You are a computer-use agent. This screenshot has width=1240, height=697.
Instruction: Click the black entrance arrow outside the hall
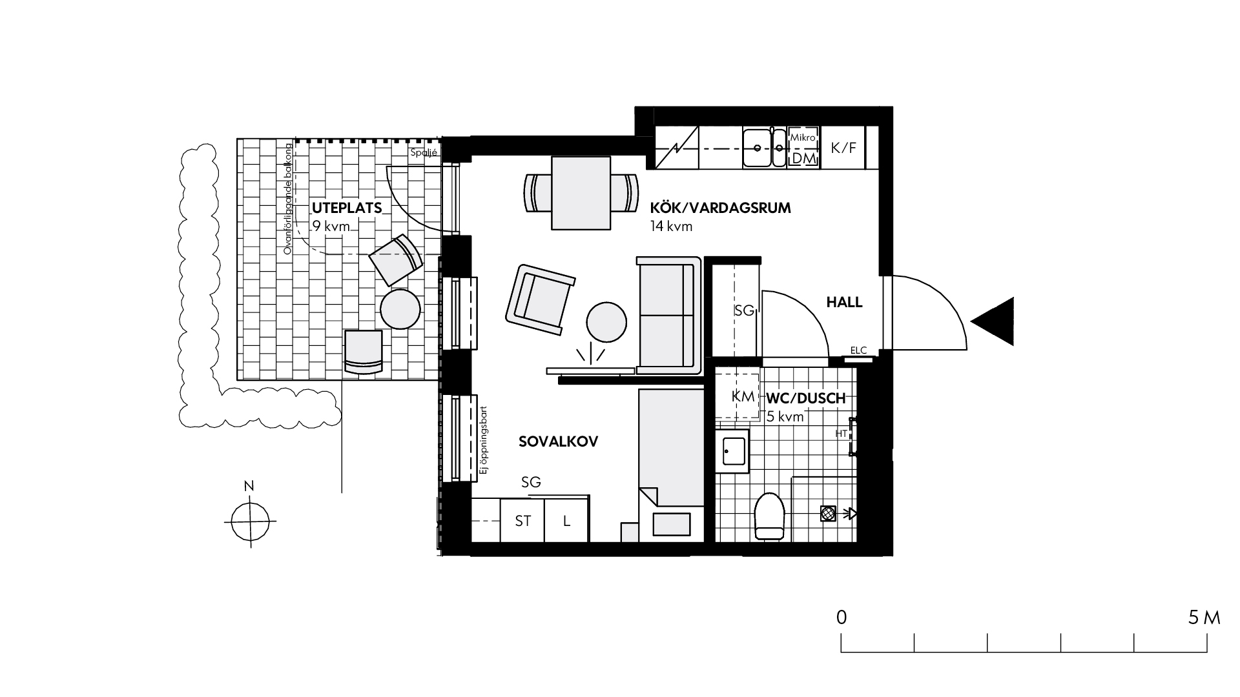coord(993,321)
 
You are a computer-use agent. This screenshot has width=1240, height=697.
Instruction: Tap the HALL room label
coord(844,303)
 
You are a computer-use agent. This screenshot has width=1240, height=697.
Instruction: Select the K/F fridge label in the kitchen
coord(843,148)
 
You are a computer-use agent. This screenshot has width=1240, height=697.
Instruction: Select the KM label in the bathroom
coord(743,397)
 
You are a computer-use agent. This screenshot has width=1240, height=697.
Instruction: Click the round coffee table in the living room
coord(606,322)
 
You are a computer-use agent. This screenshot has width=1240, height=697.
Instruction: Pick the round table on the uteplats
coord(400,309)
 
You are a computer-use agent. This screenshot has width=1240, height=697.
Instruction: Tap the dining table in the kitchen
coord(581,193)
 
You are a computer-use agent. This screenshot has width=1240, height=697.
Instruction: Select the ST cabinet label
coord(523,520)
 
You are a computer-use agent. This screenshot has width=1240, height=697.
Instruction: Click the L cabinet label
coord(566,520)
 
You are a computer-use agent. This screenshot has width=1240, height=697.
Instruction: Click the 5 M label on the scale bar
coord(1204,617)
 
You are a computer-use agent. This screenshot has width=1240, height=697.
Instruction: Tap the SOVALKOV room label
coord(559,441)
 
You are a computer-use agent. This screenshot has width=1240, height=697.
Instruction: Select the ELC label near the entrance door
coord(858,350)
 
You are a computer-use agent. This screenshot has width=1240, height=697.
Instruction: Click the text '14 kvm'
coord(672,227)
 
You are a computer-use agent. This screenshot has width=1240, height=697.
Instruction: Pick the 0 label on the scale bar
coord(841,617)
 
